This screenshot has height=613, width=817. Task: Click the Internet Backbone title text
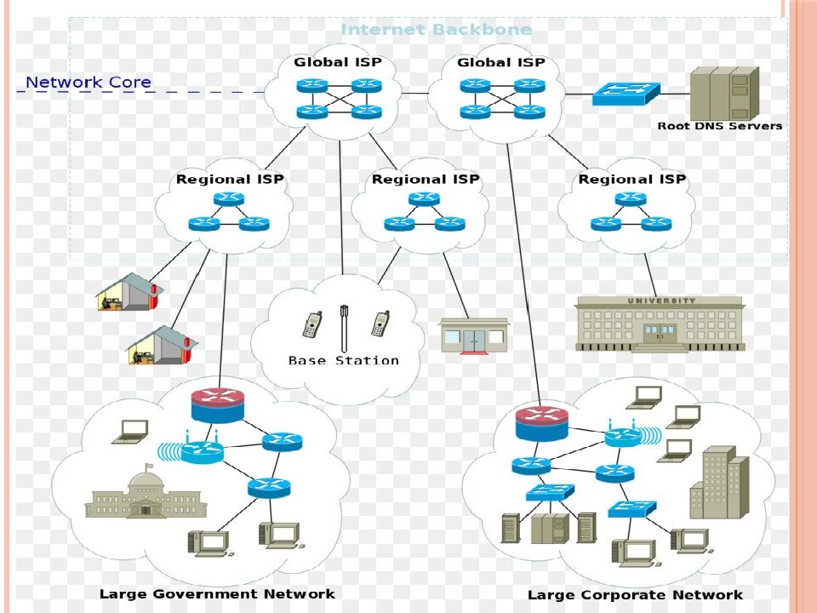(436, 30)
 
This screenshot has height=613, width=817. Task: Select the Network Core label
(89, 83)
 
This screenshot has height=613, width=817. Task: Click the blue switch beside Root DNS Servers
(626, 93)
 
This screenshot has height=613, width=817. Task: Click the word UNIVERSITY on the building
(661, 301)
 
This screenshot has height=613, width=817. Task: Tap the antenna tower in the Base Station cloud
(344, 328)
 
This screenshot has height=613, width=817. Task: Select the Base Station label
(343, 361)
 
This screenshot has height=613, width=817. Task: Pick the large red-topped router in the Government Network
(217, 404)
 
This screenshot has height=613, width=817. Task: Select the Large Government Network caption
(217, 593)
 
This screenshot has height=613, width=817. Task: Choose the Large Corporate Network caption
(635, 595)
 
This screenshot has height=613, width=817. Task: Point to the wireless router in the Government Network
(201, 452)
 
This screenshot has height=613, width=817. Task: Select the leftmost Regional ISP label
(230, 180)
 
